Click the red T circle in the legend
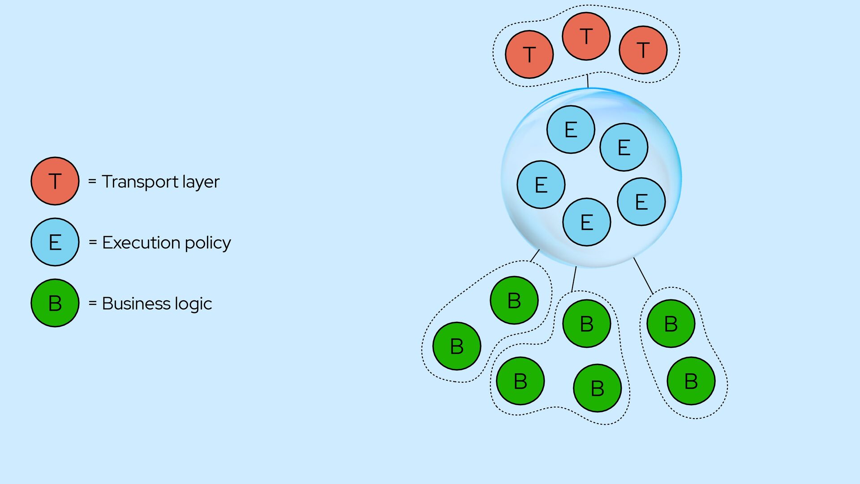[x=55, y=181]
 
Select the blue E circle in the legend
[x=55, y=242]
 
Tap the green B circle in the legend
[x=55, y=303]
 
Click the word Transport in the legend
[x=140, y=182]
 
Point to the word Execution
[x=141, y=242]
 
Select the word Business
[x=136, y=303]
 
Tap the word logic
[x=193, y=304]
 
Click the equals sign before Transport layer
[x=92, y=181]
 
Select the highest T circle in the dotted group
[x=586, y=36]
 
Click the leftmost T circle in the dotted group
[x=529, y=54]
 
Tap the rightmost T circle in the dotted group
[x=643, y=50]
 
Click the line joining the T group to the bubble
[x=588, y=81]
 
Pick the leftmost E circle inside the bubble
[x=541, y=185]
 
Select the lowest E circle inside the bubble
[x=587, y=222]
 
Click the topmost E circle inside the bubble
[x=571, y=130]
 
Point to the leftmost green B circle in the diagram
[x=457, y=346]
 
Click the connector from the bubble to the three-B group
[x=574, y=279]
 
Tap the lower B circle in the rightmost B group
[x=691, y=381]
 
